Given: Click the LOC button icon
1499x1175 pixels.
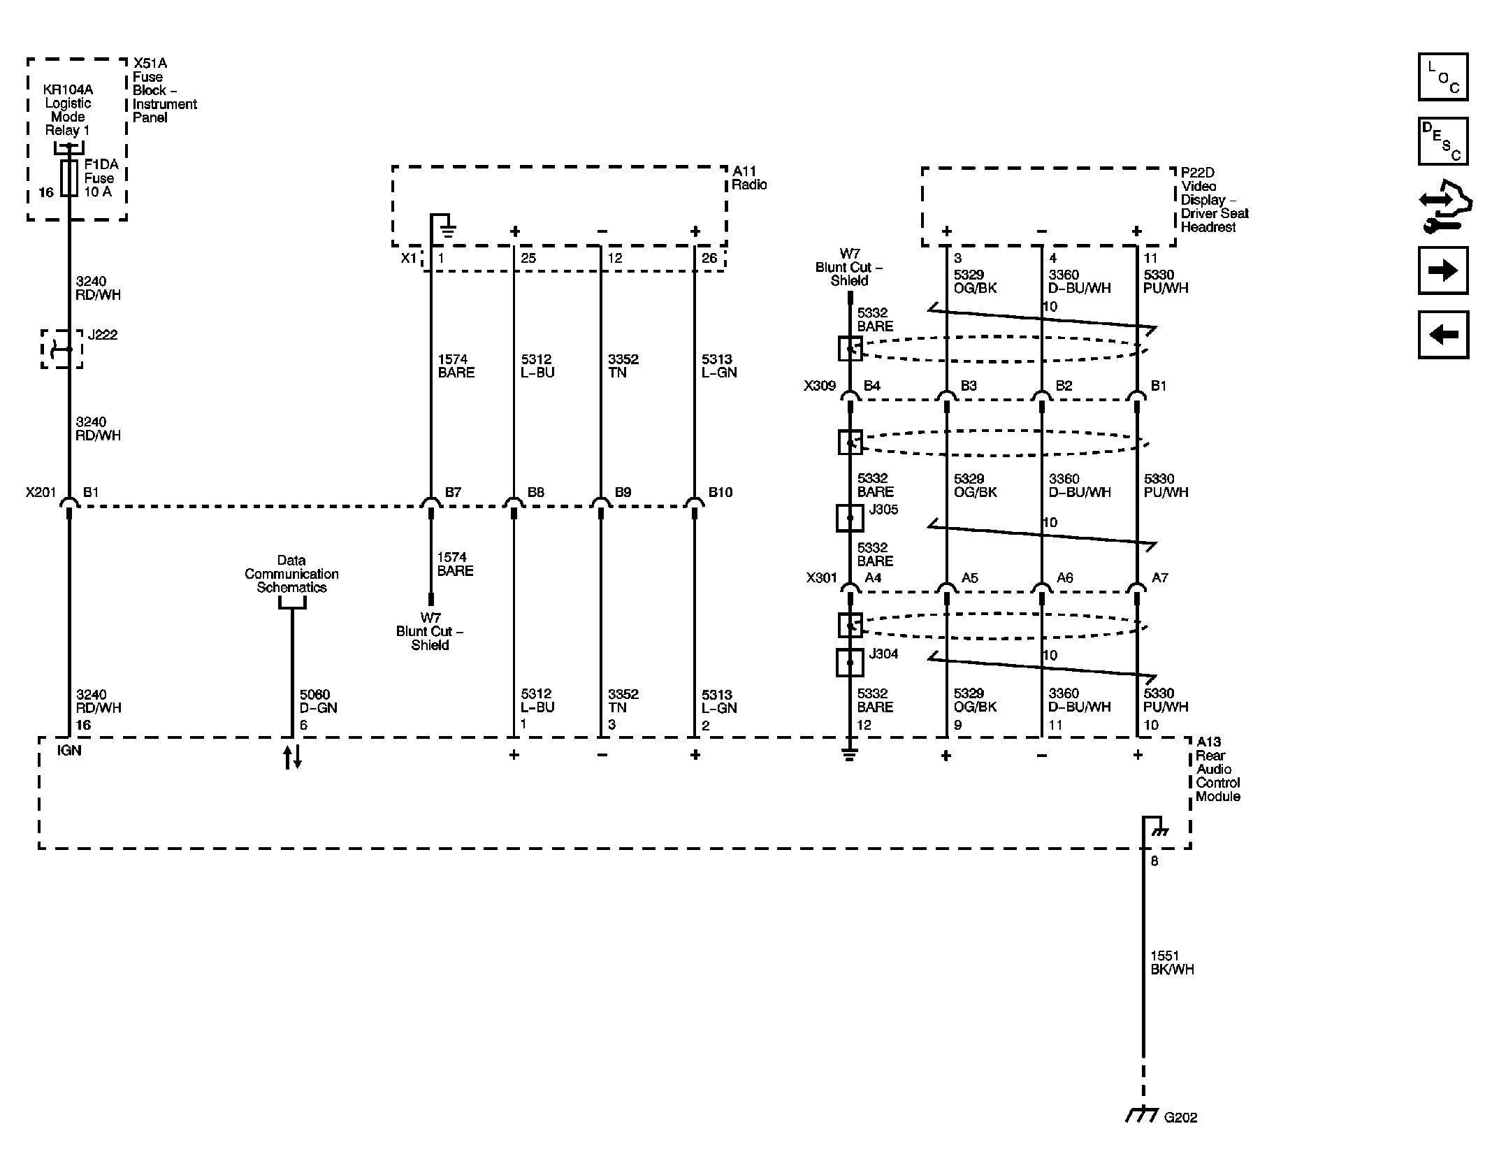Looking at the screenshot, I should tap(1442, 77).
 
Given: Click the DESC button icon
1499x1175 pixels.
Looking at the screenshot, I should tap(1442, 141).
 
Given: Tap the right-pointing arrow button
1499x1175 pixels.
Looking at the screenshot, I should tap(1442, 271).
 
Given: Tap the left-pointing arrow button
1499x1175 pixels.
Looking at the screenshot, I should tap(1442, 335).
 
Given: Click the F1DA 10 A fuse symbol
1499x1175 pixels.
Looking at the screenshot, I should tap(69, 178).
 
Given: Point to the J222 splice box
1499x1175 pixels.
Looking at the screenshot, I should tap(61, 349).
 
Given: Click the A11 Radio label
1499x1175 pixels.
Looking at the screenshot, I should tap(749, 178).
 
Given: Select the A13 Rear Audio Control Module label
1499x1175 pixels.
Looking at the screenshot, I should tap(1217, 769).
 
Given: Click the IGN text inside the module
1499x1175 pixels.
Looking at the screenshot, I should tap(69, 751).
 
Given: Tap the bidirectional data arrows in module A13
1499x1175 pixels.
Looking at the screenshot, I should tap(292, 757).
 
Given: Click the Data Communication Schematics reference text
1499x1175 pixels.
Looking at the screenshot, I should tap(291, 574).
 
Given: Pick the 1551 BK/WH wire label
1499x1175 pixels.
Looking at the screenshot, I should tap(1172, 963).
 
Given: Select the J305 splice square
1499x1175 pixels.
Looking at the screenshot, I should tap(850, 518).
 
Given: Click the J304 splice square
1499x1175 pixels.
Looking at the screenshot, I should tap(850, 662).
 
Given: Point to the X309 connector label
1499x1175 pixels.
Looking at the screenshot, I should tap(820, 386).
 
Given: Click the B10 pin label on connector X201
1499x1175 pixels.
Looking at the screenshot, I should tap(720, 493).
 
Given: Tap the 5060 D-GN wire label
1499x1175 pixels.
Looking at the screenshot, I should tap(318, 701).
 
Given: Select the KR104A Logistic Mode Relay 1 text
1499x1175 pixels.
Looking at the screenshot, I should tap(68, 110).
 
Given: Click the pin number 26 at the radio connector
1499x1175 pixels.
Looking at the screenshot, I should tap(709, 259).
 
